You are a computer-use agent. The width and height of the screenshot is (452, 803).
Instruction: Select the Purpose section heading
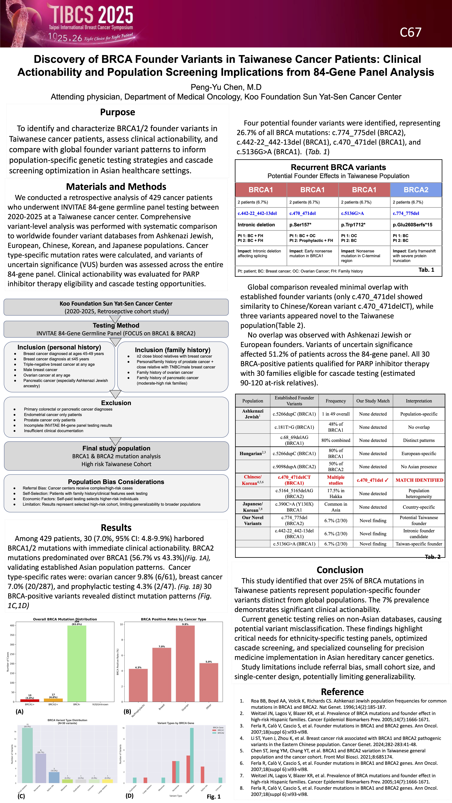pos(118,112)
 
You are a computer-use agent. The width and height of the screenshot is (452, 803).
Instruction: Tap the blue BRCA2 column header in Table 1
pos(416,190)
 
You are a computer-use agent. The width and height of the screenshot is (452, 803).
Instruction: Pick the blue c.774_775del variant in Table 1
pos(406,214)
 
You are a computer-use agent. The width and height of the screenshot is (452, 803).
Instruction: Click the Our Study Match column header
pos(373,401)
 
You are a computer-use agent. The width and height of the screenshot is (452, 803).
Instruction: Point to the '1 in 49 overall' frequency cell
pos(336,414)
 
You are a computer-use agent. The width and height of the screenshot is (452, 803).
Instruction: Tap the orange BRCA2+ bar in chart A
pos(53,700)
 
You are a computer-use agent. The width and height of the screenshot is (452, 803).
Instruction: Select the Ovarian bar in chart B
pos(185,664)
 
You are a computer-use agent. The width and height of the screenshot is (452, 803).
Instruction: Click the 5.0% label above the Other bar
pos(209,662)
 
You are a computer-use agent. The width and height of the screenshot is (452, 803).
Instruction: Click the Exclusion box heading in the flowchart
pos(116,403)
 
